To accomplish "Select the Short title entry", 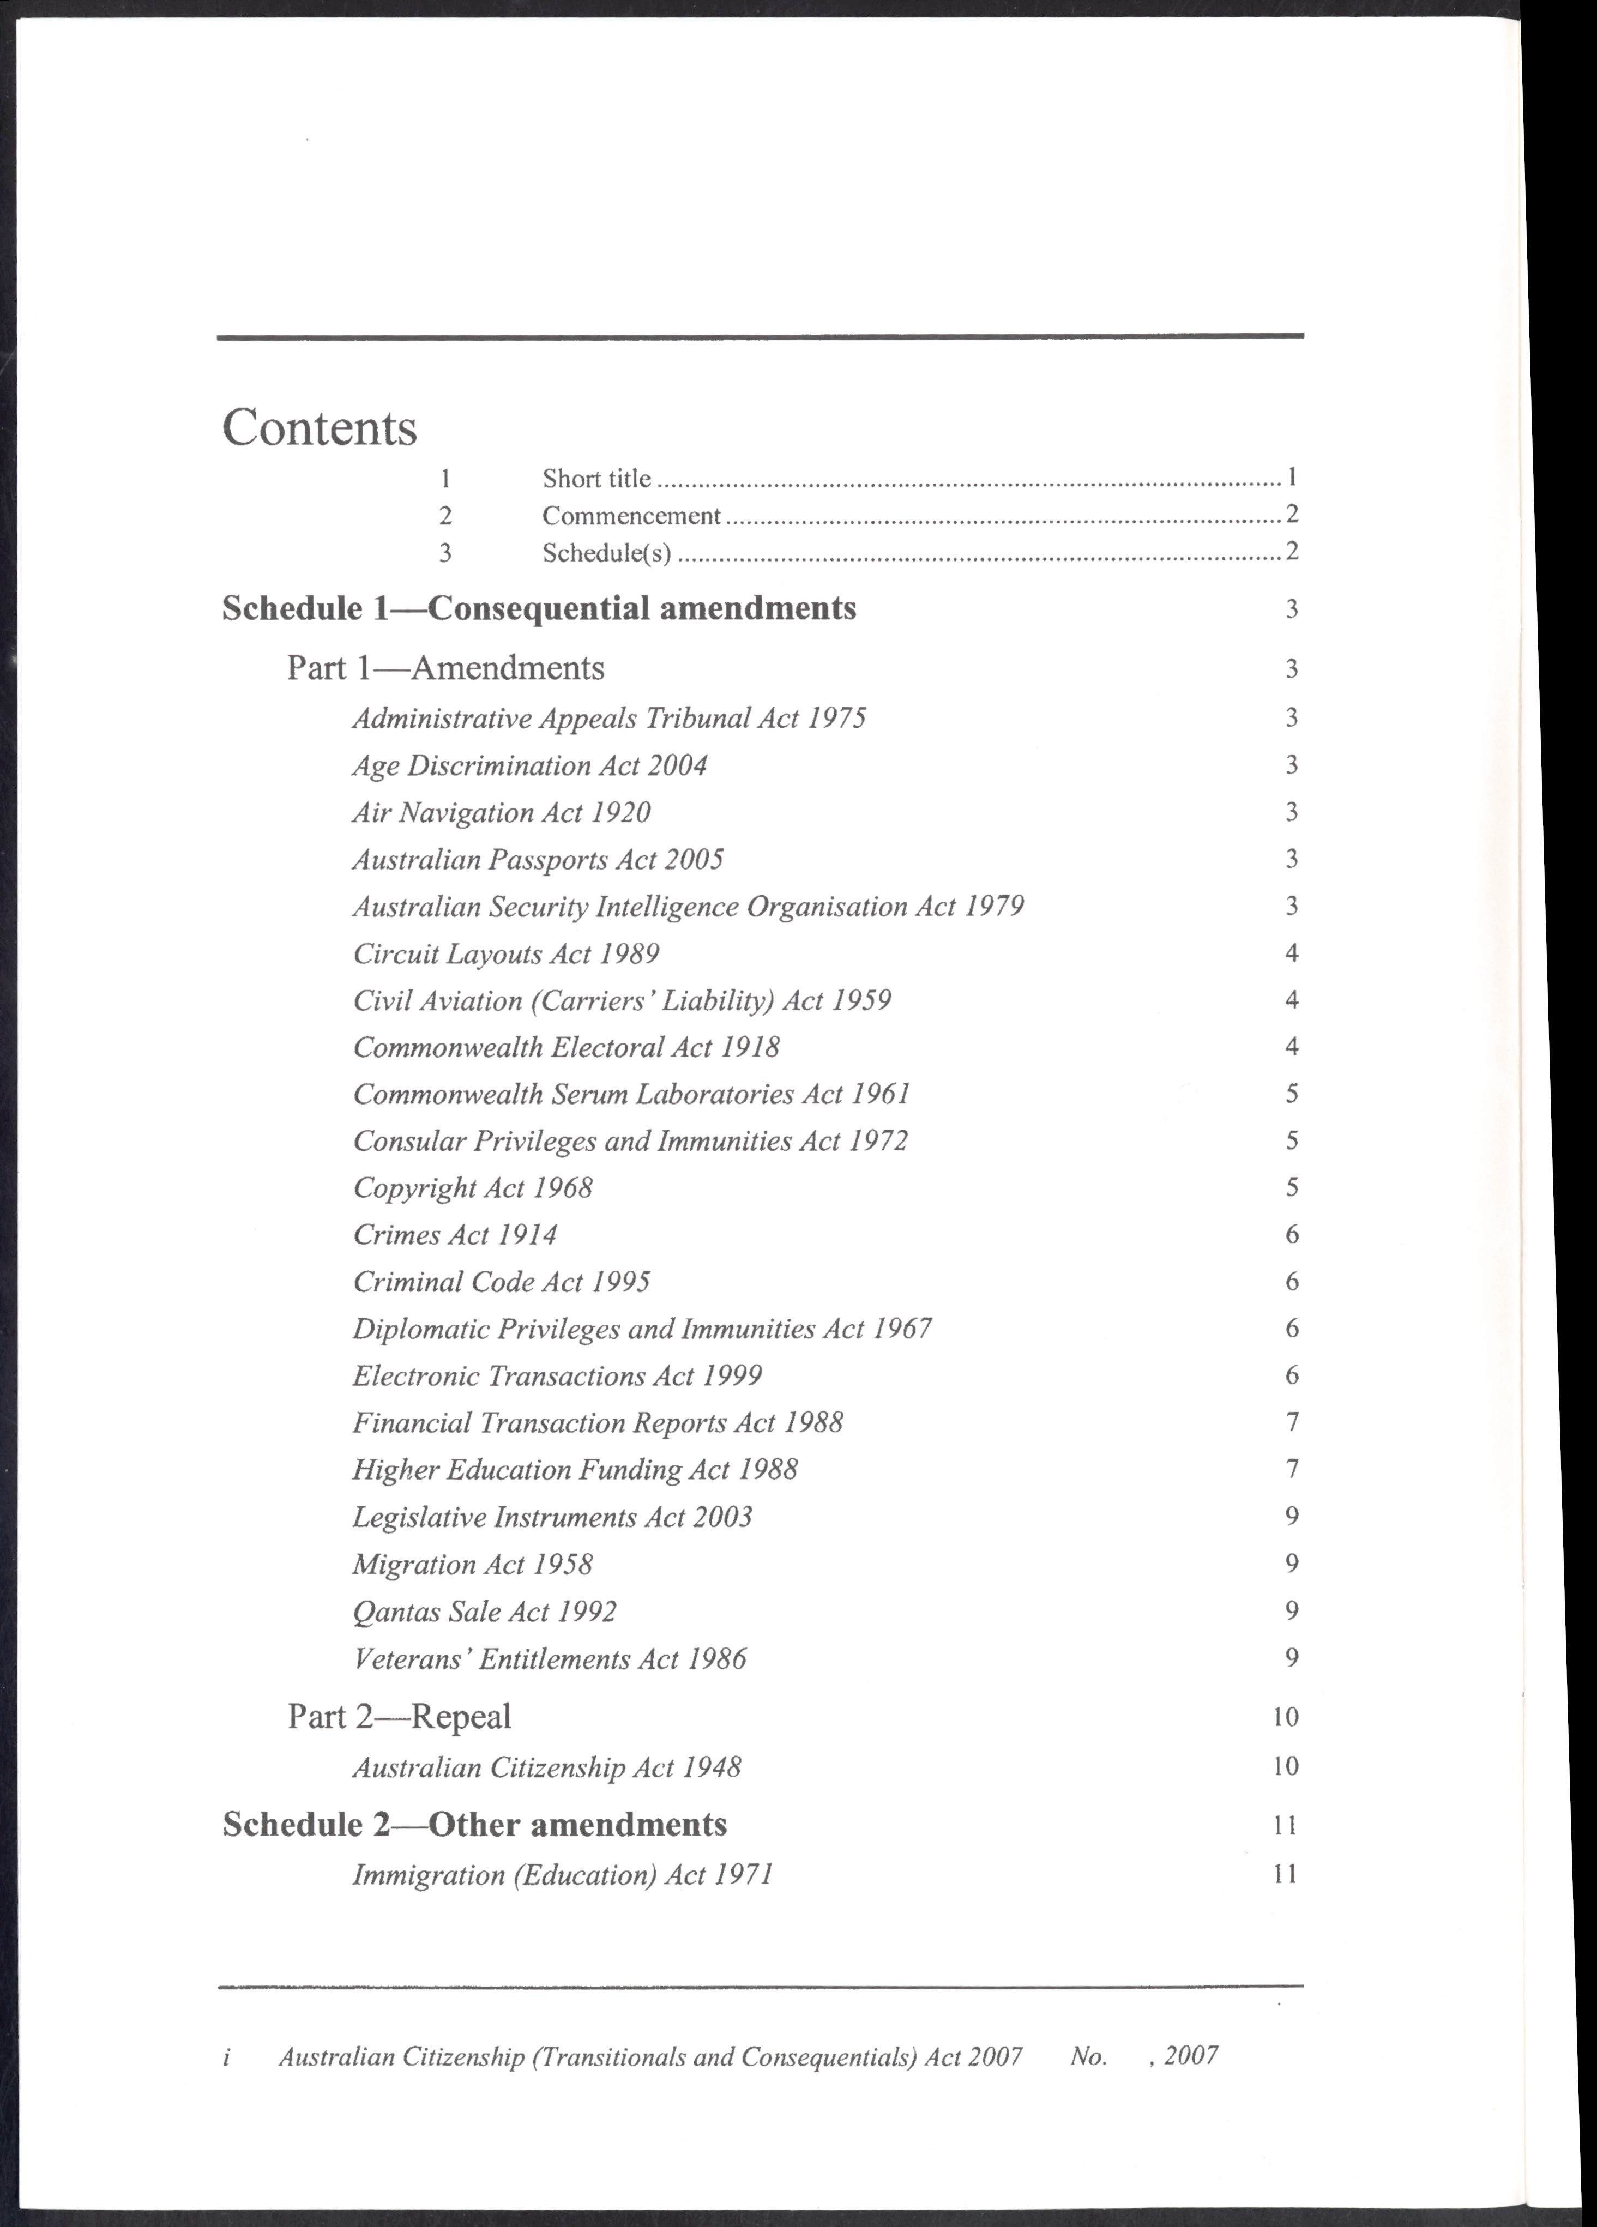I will pos(596,478).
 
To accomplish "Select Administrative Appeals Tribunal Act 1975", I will pos(609,718).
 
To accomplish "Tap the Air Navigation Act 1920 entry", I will pos(502,812).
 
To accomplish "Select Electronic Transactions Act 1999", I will pos(557,1375).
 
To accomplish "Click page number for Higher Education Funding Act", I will pos(1291,1469).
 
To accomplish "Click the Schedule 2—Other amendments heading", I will pos(474,1825).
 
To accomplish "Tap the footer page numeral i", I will pos(227,2056).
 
